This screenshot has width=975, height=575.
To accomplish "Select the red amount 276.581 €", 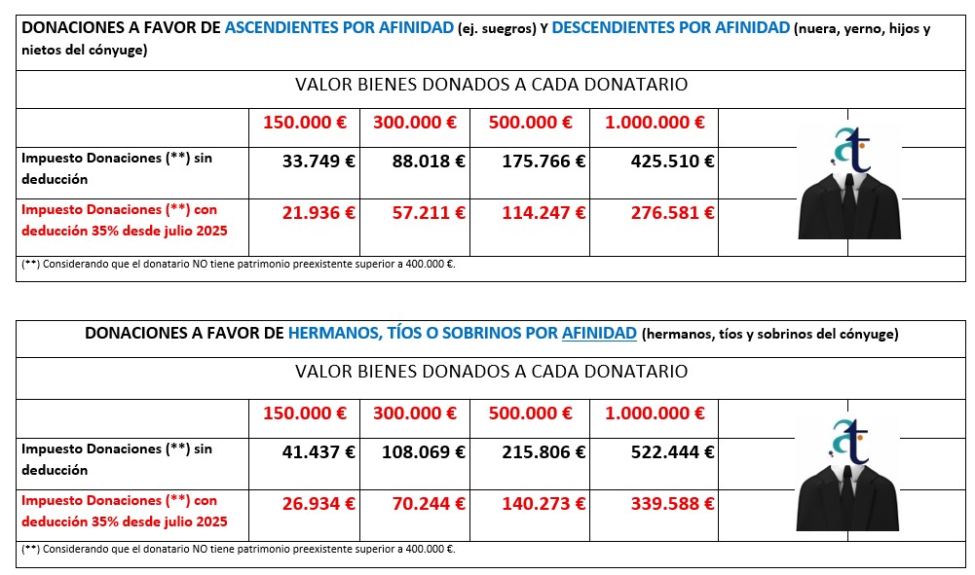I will click(x=659, y=212).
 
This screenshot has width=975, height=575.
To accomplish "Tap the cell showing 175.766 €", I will click(x=544, y=162).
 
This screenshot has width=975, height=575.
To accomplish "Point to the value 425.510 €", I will click(x=659, y=162).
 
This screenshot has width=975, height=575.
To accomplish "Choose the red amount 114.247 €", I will click(x=544, y=212).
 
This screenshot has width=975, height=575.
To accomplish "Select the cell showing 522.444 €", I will click(x=659, y=451).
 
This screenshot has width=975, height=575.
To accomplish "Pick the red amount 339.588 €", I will click(x=659, y=503).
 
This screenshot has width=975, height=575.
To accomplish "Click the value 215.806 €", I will click(x=544, y=451).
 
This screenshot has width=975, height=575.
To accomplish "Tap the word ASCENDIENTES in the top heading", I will click(x=282, y=28).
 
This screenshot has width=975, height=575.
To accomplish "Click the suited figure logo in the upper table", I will click(x=848, y=185).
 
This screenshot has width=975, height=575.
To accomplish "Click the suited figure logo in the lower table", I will click(x=848, y=475).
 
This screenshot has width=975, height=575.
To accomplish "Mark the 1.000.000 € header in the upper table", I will click(x=655, y=123).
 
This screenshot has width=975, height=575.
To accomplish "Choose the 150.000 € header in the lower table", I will click(x=305, y=413).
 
